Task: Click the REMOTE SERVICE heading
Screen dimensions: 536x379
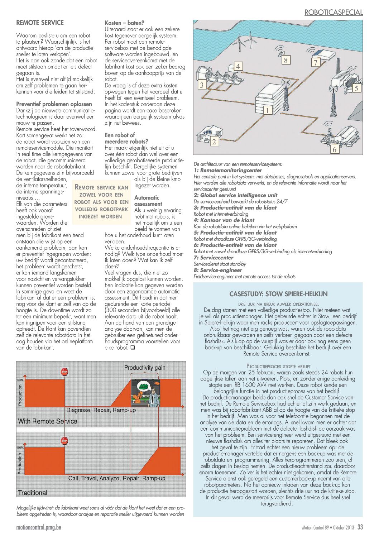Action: click(x=40, y=23)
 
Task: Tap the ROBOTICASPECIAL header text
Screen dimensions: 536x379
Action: click(x=333, y=12)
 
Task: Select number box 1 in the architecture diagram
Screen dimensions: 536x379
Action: click(x=267, y=110)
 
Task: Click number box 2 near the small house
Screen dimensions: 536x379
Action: click(x=214, y=142)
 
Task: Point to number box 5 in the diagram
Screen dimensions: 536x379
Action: click(x=356, y=88)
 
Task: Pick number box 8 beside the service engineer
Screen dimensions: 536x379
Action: click(x=286, y=60)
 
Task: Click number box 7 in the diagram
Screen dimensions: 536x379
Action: click(x=315, y=63)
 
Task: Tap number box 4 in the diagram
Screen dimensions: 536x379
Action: click(x=238, y=66)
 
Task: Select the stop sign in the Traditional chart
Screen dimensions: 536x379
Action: click(x=64, y=440)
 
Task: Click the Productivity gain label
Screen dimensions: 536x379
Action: click(x=145, y=367)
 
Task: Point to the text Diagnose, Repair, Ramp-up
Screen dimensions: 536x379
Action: click(x=101, y=410)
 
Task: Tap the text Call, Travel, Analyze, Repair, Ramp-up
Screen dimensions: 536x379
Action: click(x=117, y=478)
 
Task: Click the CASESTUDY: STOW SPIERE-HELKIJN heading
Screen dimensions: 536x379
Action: click(x=278, y=294)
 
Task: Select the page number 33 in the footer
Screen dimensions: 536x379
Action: click(x=360, y=527)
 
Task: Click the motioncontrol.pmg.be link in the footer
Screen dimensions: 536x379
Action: click(x=39, y=527)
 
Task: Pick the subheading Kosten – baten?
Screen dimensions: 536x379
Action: click(x=124, y=23)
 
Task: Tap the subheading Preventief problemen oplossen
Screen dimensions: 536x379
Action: click(x=54, y=104)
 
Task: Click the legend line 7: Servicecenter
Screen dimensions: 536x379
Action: click(x=214, y=258)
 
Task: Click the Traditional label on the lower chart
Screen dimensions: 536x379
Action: click(x=33, y=493)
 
